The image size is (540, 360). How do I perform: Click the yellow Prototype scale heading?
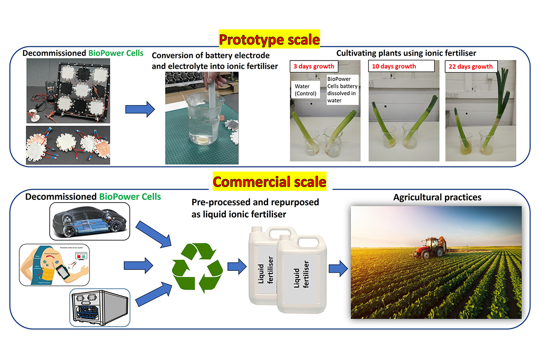(x=269, y=40)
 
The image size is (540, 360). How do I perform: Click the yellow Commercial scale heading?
(x=269, y=182)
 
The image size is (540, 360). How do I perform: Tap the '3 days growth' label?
(x=313, y=66)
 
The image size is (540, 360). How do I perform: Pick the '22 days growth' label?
(x=471, y=67)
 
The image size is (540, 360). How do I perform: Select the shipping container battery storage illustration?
(x=99, y=307)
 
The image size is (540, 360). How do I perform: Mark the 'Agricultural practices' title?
(x=431, y=197)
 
